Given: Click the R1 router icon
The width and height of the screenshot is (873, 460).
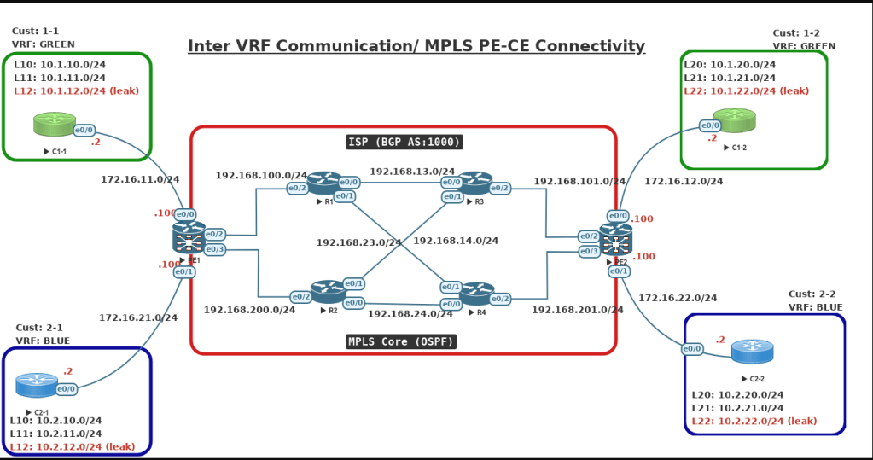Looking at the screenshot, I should [324, 181].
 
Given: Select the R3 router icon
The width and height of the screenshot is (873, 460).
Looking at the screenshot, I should [476, 181].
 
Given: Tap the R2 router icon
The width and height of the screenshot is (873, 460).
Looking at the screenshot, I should [328, 290].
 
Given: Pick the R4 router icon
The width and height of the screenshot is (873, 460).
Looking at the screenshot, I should [476, 293].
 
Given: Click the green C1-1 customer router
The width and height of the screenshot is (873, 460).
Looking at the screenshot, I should [55, 125].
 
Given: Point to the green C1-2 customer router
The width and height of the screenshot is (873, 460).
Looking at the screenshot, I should [730, 119].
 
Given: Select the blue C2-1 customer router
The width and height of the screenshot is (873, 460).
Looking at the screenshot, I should [37, 385].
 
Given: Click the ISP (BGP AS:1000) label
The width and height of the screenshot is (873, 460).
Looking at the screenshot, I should [404, 142].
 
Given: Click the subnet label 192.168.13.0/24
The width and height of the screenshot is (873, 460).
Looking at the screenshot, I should [412, 171].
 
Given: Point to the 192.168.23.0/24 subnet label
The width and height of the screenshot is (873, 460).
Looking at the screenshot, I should [358, 242].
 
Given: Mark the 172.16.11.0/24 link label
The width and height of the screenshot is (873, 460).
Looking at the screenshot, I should [140, 179].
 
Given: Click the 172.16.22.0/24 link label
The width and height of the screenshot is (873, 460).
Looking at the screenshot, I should [678, 298].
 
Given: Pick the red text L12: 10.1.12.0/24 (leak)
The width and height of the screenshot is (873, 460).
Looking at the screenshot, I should [76, 90].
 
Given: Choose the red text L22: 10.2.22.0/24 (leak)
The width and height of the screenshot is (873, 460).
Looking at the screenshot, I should [754, 421].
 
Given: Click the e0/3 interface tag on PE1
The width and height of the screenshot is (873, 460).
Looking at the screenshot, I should [214, 249].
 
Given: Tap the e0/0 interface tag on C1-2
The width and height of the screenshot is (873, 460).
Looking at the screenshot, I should [709, 126].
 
